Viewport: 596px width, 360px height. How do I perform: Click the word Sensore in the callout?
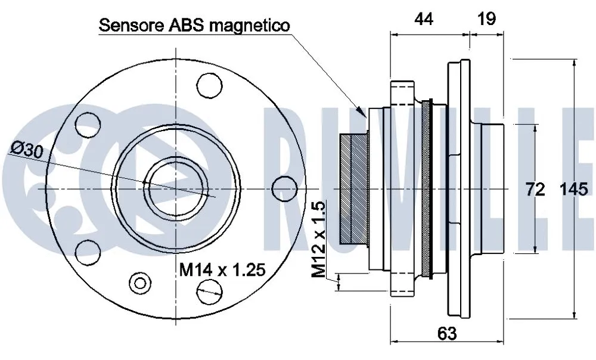click(x=125, y=26)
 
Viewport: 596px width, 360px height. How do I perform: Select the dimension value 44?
click(x=424, y=19)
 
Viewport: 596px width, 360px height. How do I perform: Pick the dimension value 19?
click(x=487, y=19)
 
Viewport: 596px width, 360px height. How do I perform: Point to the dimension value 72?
click(x=535, y=190)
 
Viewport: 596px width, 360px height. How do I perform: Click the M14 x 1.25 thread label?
click(x=222, y=271)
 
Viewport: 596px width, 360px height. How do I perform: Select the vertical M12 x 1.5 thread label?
click(x=319, y=240)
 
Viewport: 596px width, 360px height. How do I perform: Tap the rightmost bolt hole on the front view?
click(x=284, y=188)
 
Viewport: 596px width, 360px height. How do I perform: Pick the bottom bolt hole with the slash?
click(x=209, y=291)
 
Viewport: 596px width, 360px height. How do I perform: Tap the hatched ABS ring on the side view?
click(x=352, y=188)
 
